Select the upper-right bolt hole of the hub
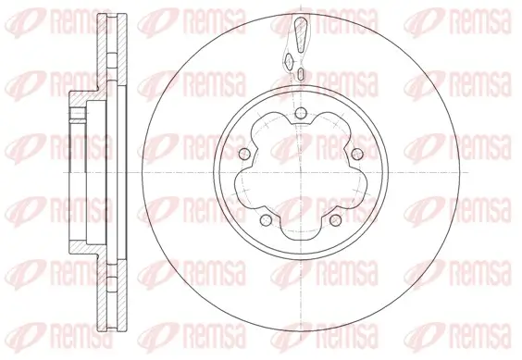pos(356,153)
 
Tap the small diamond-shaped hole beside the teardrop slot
pos(290,61)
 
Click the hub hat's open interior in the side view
pos(93,173)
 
